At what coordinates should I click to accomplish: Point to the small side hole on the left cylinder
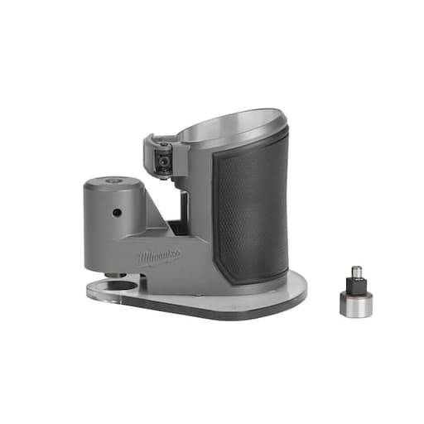[118, 213]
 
